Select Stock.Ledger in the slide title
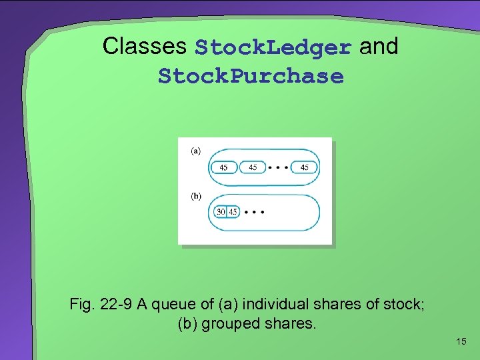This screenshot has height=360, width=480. (x=273, y=47)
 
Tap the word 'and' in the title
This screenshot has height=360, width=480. (x=379, y=46)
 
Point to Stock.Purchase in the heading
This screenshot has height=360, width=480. (x=251, y=76)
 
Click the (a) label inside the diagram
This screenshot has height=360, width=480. (x=196, y=151)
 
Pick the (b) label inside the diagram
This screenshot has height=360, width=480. (x=196, y=196)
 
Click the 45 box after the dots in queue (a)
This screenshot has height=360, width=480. (x=304, y=167)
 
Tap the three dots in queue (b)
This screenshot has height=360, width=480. (x=254, y=212)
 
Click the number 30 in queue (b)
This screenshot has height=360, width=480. (x=221, y=212)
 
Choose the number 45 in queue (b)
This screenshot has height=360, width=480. (x=233, y=212)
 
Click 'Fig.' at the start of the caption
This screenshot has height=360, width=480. (x=83, y=305)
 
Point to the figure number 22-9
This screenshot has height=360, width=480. (x=116, y=305)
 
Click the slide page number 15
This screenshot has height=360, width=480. (x=461, y=341)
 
